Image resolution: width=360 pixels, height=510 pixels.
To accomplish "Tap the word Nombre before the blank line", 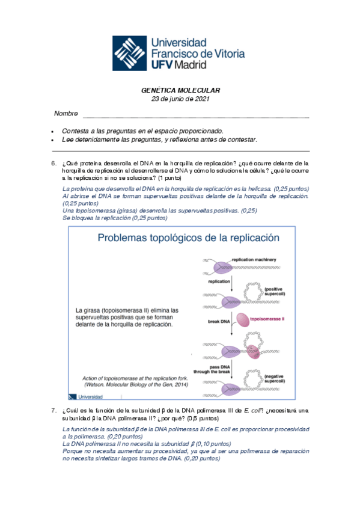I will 66,114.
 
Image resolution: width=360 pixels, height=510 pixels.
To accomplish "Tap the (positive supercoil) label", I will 275,291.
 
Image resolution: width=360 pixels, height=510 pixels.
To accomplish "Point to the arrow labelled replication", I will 231,284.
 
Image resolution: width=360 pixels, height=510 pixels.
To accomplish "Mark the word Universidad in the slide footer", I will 90,396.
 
